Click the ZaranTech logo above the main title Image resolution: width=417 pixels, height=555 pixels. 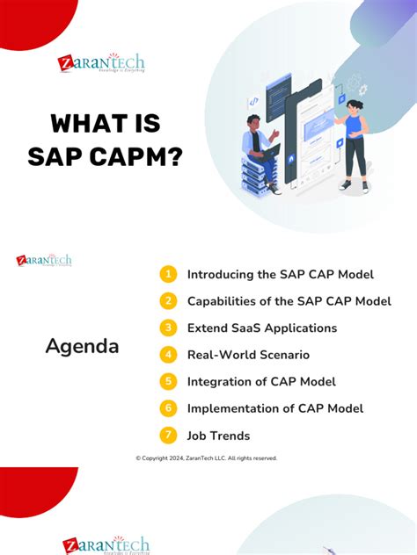click(100, 63)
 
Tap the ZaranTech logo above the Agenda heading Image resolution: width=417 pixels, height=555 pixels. click(44, 260)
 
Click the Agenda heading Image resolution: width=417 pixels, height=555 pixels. click(82, 346)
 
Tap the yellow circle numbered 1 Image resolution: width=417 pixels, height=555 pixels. click(168, 275)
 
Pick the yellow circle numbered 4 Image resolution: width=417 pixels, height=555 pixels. click(168, 355)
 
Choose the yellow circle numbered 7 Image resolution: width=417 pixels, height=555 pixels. click(168, 436)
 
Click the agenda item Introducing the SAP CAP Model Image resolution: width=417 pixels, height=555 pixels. click(280, 275)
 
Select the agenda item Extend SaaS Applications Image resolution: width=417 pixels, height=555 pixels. click(261, 328)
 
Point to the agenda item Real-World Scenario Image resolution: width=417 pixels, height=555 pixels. click(247, 355)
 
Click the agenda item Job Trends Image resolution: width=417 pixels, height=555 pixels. click(218, 436)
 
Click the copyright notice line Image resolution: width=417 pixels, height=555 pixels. click(206, 458)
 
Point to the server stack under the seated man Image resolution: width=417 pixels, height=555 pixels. click(252, 175)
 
